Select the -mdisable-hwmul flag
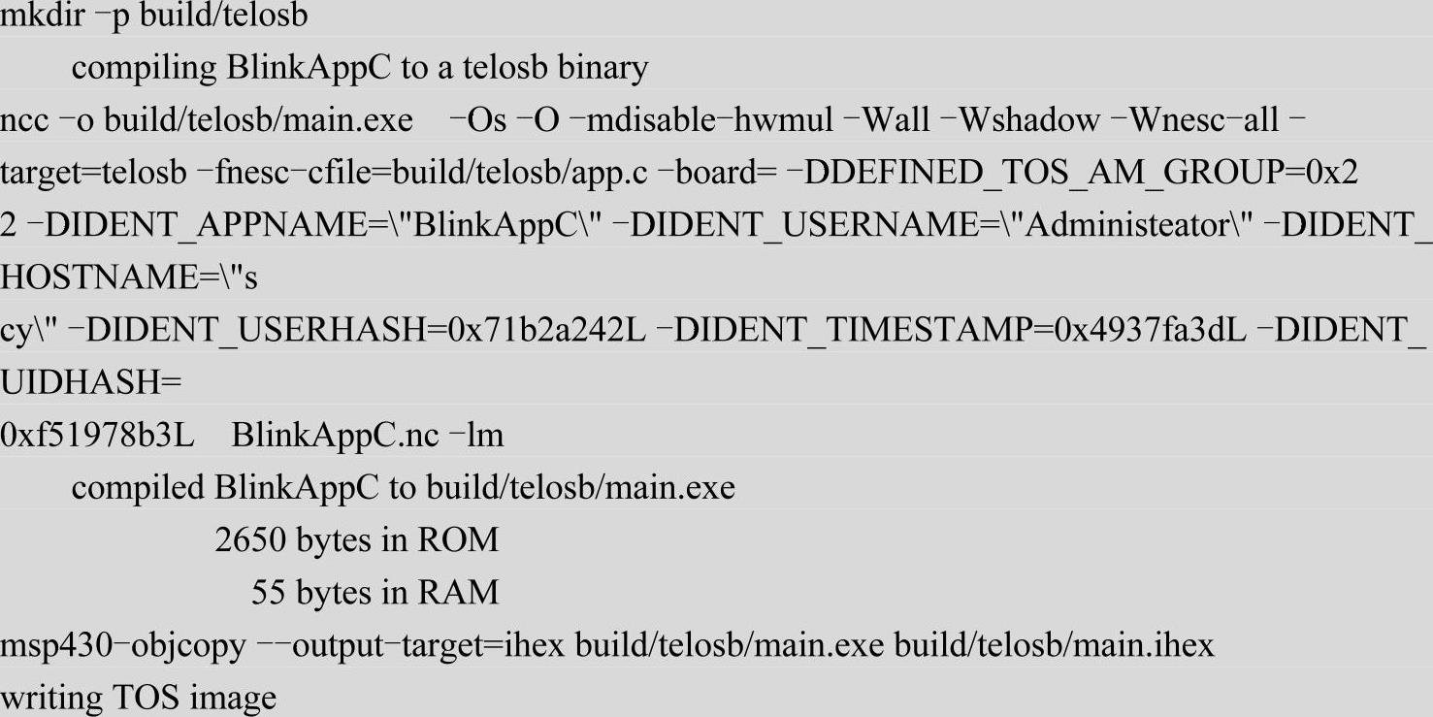pyautogui.click(x=689, y=121)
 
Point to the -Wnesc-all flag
pyautogui.click(x=1203, y=121)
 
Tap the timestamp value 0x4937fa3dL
pyautogui.click(x=1151, y=331)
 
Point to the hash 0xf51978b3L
pyautogui.click(x=97, y=436)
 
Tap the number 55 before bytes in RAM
pyautogui.click(x=268, y=593)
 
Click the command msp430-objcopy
pyautogui.click(x=123, y=645)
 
